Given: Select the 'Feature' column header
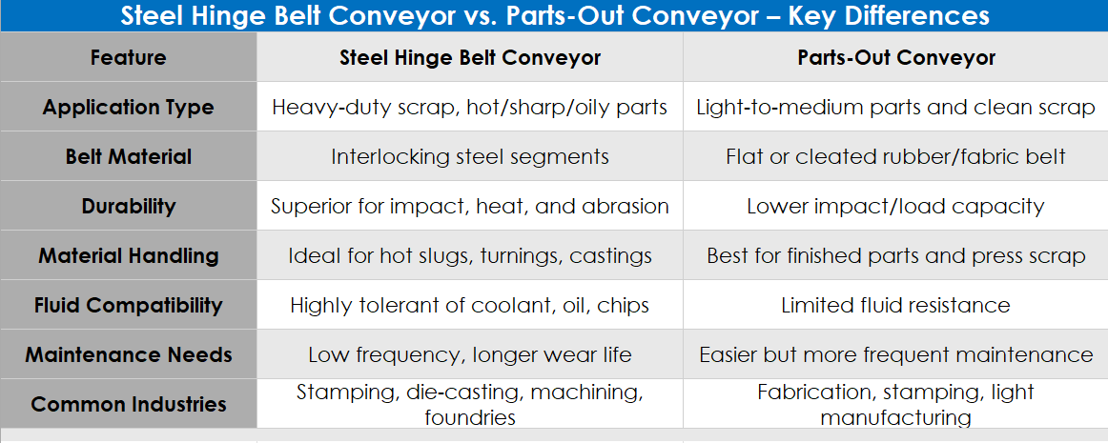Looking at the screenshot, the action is coord(128,57).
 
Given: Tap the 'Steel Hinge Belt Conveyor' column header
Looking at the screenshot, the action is coord(470,57).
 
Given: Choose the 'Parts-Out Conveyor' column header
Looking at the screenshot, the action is coord(896,57).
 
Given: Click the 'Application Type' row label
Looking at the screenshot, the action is coord(128,107).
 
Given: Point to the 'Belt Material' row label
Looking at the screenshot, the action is coord(128,156).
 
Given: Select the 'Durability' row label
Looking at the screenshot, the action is coord(128,206).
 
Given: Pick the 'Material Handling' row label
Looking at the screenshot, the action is coord(128,255).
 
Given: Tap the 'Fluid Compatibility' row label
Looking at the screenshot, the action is coord(128,305).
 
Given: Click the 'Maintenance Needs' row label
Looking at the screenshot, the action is coord(128,354).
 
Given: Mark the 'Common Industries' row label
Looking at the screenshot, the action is coord(128,404).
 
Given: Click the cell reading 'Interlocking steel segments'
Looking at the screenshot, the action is coord(470,156).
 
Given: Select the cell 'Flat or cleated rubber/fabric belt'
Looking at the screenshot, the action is coord(896,156).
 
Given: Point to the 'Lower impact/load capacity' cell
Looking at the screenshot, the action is coord(896,206).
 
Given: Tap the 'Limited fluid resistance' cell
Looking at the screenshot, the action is coord(896,305).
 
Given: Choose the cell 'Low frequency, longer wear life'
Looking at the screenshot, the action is coord(470,354).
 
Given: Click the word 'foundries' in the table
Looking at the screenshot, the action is coord(470,417).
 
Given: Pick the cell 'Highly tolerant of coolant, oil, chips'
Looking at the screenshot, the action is coord(470,305).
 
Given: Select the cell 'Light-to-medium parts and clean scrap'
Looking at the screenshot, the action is coord(896,107).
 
